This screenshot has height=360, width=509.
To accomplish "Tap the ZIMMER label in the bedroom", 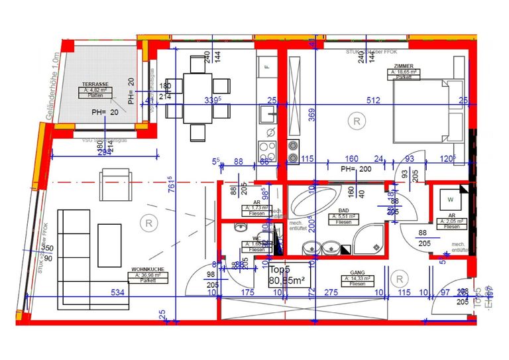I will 403,66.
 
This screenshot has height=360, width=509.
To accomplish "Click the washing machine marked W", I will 450,199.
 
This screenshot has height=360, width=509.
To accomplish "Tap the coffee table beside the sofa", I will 109,245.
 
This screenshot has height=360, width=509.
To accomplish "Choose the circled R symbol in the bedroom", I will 357,121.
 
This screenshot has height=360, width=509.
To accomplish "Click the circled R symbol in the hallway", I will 399,278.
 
